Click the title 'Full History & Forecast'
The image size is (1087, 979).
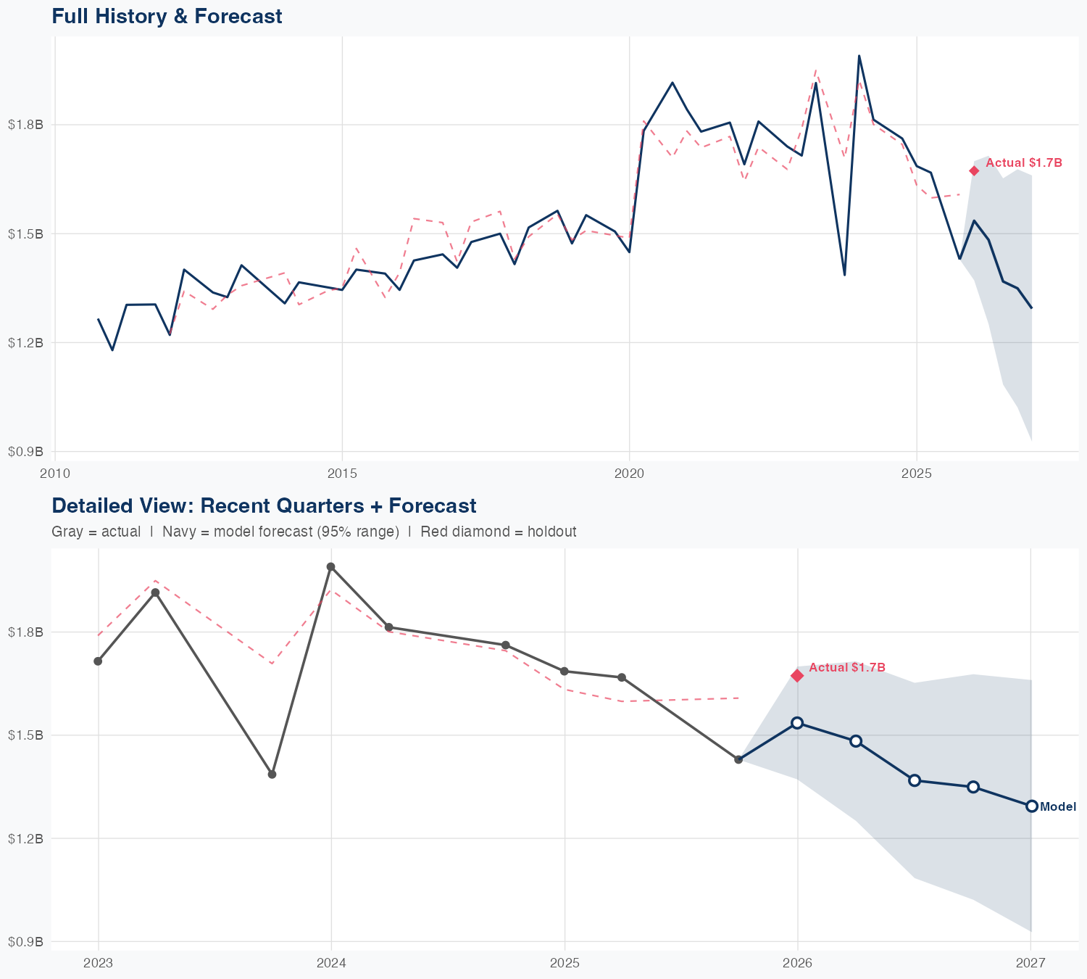tap(167, 16)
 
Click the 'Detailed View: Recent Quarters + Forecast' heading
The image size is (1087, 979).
tap(264, 505)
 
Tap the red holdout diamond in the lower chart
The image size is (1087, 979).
tap(797, 676)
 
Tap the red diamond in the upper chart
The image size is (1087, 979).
tap(974, 170)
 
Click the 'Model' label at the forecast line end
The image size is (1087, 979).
tap(1058, 806)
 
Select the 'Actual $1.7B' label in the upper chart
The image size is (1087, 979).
tap(1024, 163)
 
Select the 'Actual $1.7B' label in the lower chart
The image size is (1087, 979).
tap(847, 667)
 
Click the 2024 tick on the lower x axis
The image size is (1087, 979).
tap(331, 963)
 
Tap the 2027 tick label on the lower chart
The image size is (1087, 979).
tap(1030, 963)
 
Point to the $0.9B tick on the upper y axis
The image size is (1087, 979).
tap(26, 452)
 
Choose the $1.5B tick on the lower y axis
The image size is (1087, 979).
tap(26, 735)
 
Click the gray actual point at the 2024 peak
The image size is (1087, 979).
tap(330, 566)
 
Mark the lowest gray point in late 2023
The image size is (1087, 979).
tap(272, 774)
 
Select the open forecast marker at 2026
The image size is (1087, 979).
tap(797, 722)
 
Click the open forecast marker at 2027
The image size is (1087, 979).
tap(1031, 806)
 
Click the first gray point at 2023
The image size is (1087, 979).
tap(98, 661)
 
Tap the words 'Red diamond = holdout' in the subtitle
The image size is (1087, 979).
tap(498, 532)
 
